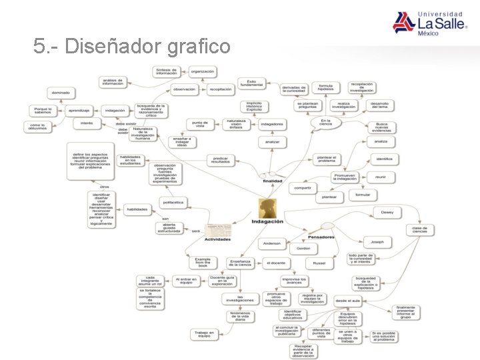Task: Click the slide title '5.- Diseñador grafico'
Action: point(132,46)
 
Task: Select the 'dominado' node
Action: point(61,93)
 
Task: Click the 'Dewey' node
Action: point(387,212)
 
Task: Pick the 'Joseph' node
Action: point(377,241)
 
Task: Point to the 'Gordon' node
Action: point(303,249)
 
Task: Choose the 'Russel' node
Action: point(319,263)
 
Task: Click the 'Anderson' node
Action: point(272,243)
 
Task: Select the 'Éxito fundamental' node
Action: point(251,83)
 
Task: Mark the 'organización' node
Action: point(202,71)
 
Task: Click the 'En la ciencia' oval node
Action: point(325,123)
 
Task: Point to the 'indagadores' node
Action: point(272,124)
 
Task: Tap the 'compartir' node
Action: point(302,187)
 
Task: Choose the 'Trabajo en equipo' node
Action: point(203,333)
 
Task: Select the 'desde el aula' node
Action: point(348,301)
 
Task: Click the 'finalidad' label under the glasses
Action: point(272,181)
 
